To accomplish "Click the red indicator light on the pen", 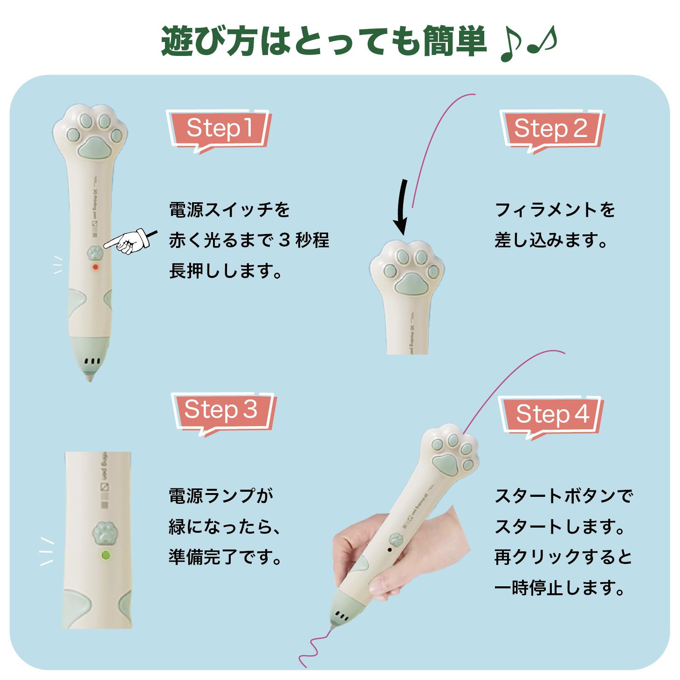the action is tap(95, 267).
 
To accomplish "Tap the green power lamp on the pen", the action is tap(105, 555).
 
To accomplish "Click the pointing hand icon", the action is tap(131, 241).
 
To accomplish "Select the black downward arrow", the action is tap(402, 207).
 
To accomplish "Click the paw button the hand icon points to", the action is tap(95, 253).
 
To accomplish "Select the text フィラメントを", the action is tap(555, 210).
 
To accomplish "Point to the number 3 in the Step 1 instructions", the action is tap(284, 240).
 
